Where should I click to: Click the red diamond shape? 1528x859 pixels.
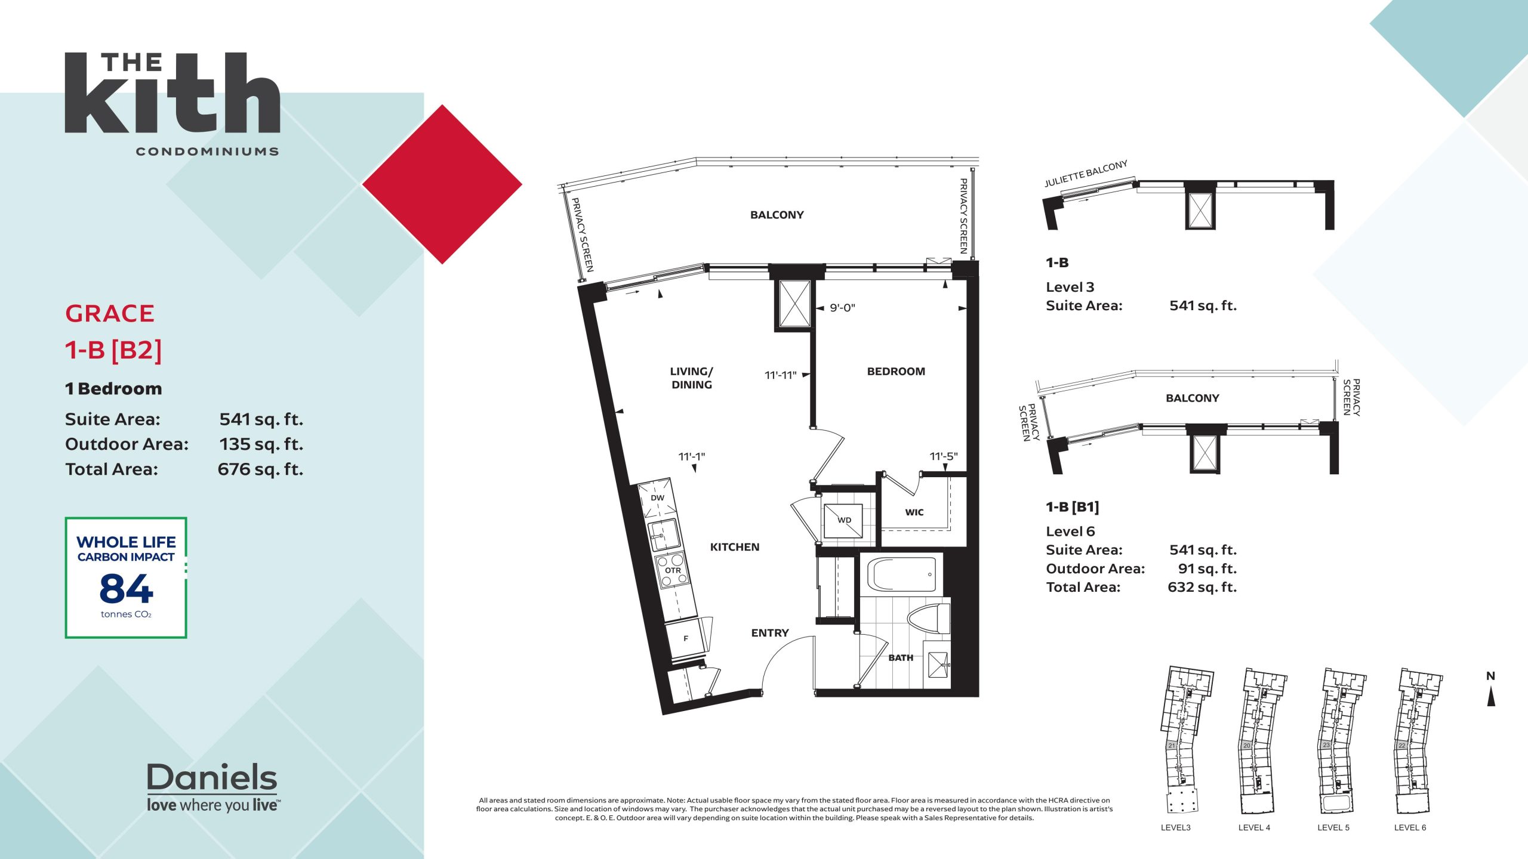pyautogui.click(x=442, y=184)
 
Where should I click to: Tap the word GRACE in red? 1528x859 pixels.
pyautogui.click(x=110, y=314)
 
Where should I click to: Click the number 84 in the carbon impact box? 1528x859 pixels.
pyautogui.click(x=126, y=588)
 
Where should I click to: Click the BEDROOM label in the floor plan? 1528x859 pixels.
pyautogui.click(x=896, y=372)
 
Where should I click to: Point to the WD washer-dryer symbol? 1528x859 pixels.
pyautogui.click(x=843, y=520)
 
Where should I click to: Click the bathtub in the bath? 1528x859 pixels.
pyautogui.click(x=902, y=574)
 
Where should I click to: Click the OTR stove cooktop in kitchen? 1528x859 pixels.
pyautogui.click(x=673, y=570)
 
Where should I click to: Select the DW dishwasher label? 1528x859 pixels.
pyautogui.click(x=657, y=498)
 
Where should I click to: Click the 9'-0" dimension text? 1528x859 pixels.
pyautogui.click(x=842, y=308)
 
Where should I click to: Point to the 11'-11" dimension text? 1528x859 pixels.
pyautogui.click(x=781, y=375)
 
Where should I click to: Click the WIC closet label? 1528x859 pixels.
pyautogui.click(x=914, y=512)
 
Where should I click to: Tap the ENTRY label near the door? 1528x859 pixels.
pyautogui.click(x=770, y=633)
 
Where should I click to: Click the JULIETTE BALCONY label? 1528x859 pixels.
pyautogui.click(x=1086, y=173)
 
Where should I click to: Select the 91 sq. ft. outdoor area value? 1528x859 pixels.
pyautogui.click(x=1207, y=568)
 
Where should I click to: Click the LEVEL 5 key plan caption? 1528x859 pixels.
pyautogui.click(x=1333, y=827)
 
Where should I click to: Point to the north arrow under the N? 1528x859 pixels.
pyautogui.click(x=1491, y=696)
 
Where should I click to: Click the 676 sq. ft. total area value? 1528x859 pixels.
pyautogui.click(x=260, y=469)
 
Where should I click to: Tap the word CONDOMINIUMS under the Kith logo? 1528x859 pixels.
pyautogui.click(x=207, y=152)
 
